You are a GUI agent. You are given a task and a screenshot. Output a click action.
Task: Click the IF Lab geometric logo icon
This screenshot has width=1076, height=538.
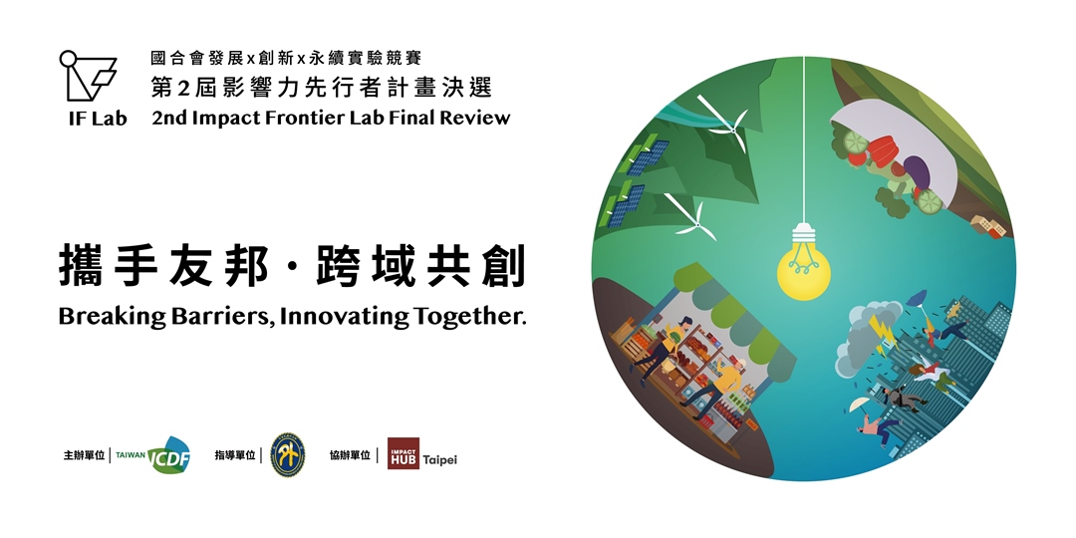click(88, 75)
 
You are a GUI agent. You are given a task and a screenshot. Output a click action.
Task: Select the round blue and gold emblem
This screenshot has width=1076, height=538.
click(288, 454)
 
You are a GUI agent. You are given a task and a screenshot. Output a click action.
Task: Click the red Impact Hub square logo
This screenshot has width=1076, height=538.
click(403, 453)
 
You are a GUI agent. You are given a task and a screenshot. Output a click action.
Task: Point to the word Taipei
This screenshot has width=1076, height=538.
click(440, 459)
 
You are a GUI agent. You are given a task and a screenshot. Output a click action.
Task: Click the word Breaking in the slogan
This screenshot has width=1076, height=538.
click(113, 317)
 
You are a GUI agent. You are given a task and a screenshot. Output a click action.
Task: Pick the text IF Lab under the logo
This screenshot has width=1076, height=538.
click(98, 119)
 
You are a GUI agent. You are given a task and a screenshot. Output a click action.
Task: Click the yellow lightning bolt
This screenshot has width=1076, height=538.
click(881, 333)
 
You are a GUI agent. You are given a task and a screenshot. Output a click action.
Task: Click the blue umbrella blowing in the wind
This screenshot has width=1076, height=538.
click(917, 299)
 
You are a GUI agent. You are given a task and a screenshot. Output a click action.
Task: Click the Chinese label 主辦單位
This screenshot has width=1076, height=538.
click(84, 455)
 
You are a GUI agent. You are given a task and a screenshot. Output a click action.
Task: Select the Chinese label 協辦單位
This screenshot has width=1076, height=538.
click(350, 455)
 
